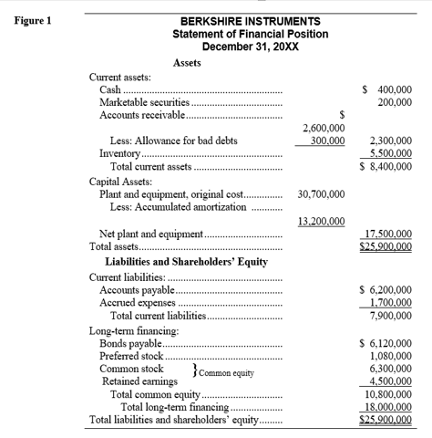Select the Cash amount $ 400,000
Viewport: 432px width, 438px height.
coord(387,89)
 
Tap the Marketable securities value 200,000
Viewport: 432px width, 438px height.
coord(393,103)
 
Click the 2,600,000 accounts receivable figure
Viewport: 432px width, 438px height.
coord(323,129)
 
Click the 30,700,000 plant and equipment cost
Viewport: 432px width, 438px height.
coord(321,194)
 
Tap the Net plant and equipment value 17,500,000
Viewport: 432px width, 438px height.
coord(386,234)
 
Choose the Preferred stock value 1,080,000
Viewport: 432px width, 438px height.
coord(389,357)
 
